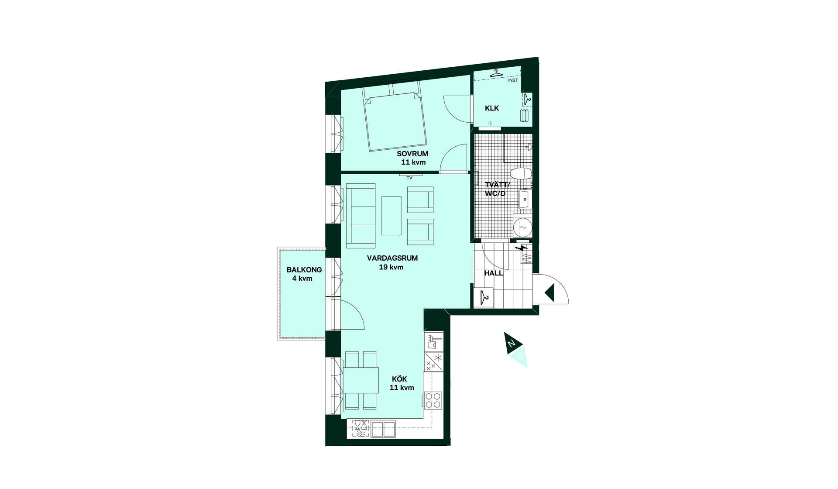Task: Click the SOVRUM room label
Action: coord(412,154)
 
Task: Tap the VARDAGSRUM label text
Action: coord(392,258)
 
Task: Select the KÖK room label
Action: coord(399,379)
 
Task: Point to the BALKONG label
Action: coord(304,270)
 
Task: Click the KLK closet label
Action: coord(492,108)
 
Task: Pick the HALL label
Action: coord(494,273)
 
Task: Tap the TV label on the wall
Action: coord(409,178)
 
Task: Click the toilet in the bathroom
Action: coord(521,174)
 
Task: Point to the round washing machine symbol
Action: coord(522,227)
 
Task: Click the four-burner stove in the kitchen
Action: coord(433,400)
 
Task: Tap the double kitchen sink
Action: coord(383,429)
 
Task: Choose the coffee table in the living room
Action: coord(392,216)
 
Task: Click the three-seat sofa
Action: coord(361,216)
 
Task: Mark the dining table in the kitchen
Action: coord(361,380)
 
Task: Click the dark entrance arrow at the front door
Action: coord(549,293)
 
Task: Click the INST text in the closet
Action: coord(513,80)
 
